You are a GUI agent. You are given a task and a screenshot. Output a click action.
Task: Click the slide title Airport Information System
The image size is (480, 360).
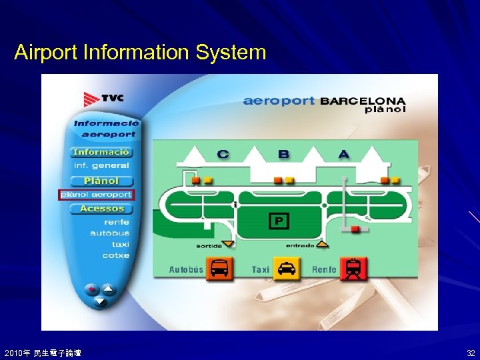[x=140, y=52]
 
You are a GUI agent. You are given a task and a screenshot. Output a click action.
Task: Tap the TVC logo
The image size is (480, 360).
[x=103, y=99]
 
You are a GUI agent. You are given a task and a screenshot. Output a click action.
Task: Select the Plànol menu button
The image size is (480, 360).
[x=101, y=181]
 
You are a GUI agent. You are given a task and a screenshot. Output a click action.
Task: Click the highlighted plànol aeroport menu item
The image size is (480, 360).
[x=97, y=195]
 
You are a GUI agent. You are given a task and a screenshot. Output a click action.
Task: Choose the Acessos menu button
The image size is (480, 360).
[x=101, y=209]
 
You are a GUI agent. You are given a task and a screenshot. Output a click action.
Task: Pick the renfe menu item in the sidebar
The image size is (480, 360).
[x=116, y=222]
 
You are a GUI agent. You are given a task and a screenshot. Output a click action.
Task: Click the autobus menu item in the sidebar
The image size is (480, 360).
[x=110, y=233]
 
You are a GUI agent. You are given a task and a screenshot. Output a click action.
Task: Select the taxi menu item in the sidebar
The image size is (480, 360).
[x=120, y=245]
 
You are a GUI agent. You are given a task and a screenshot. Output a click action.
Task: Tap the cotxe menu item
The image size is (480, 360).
[x=116, y=255]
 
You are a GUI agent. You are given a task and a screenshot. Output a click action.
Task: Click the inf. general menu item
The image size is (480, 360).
[x=101, y=165]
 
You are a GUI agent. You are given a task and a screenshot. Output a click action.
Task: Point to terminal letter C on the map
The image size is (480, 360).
[x=223, y=154]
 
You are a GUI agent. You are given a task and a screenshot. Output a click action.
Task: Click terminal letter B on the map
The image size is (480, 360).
[x=283, y=154]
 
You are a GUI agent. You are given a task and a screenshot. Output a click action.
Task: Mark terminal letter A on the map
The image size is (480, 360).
[x=343, y=154]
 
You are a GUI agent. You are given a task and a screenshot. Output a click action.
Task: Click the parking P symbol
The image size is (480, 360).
[x=279, y=221]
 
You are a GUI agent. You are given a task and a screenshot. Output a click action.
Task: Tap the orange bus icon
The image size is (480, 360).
[x=219, y=269]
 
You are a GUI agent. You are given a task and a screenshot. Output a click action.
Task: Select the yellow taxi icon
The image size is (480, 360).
[x=287, y=269]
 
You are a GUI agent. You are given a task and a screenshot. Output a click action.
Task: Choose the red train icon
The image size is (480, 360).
[x=353, y=269]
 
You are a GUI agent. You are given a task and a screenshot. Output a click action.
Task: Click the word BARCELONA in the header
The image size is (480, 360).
[x=363, y=101]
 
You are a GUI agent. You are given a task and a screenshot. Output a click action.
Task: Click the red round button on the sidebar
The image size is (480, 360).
[x=91, y=289]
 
